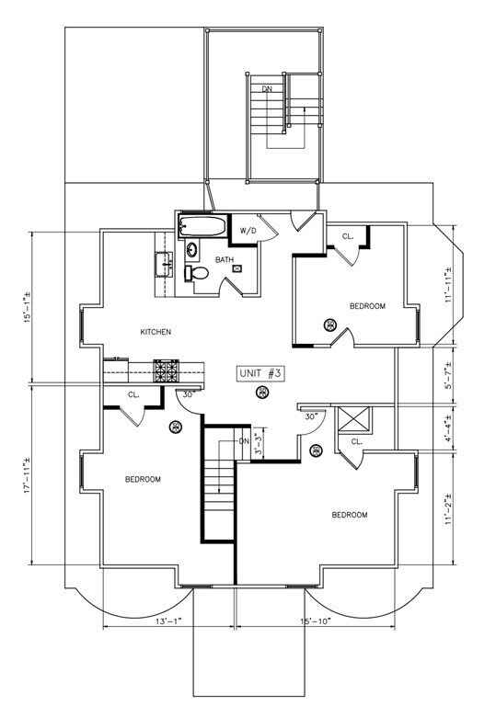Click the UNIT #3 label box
coord(261,374)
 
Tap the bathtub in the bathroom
coord(202,225)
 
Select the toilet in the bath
coord(196,273)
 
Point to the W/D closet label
coord(248,231)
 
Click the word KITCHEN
coord(156,332)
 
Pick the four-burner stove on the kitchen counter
coord(166,371)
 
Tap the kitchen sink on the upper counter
coord(164,265)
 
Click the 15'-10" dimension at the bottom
coord(316,621)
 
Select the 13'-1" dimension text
coord(168,621)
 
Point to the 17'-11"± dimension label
coord(28,475)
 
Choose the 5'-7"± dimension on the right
coord(448,375)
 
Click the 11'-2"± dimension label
coord(448,507)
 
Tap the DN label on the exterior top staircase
coord(268,89)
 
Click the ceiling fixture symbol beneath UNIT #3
coord(261,393)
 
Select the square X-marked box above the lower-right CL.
coord(354,420)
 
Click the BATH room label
coord(225,260)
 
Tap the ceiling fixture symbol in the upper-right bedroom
coord(330,325)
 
